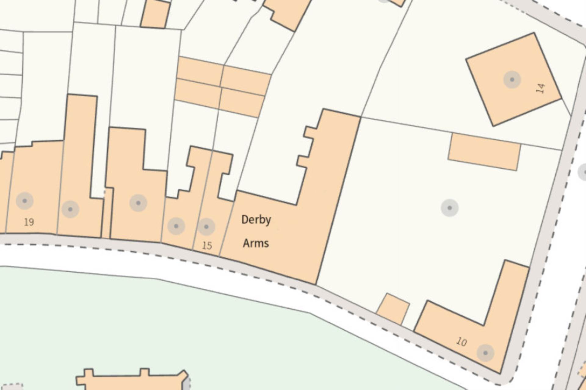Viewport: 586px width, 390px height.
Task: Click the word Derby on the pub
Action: click(256, 220)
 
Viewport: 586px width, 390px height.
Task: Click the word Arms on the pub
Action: click(256, 243)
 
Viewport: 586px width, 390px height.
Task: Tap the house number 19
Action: click(29, 222)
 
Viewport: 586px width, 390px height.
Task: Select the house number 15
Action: click(207, 245)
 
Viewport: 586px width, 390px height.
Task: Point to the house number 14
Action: click(540, 88)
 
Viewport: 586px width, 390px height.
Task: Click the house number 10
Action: click(461, 342)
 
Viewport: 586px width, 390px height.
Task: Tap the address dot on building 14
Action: click(512, 80)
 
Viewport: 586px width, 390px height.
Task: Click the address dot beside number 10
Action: click(485, 353)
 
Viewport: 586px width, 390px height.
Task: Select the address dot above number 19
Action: click(25, 201)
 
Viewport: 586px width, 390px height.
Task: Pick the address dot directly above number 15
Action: click(206, 227)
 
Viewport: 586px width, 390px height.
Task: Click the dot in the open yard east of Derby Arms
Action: click(450, 208)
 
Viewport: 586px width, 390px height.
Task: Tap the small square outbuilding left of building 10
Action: click(392, 309)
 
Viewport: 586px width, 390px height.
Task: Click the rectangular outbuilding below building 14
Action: click(484, 152)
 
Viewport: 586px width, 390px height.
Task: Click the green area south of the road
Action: click(183, 320)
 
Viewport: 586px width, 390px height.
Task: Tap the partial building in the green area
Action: click(131, 381)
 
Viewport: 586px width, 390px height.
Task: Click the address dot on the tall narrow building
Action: click(70, 209)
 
